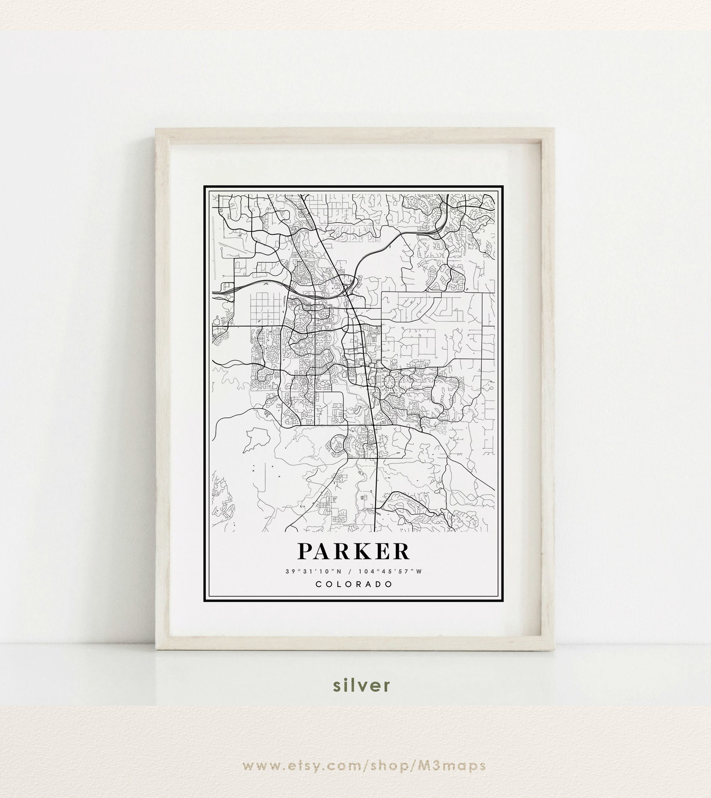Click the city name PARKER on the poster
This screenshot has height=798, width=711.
[354, 552]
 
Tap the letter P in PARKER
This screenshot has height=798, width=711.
[306, 552]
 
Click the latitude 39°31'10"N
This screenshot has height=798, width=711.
[313, 572]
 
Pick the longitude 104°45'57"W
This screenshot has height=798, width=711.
[390, 572]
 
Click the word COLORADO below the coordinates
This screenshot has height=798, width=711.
[354, 585]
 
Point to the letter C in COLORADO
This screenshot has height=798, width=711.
[319, 585]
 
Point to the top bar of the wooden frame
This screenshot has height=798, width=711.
[355, 134]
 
